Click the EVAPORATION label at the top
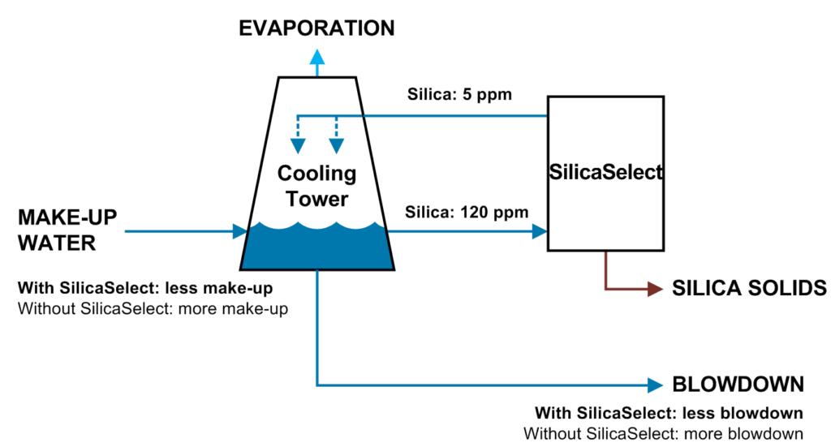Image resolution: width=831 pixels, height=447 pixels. (316, 28)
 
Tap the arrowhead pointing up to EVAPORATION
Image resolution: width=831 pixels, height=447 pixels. (316, 57)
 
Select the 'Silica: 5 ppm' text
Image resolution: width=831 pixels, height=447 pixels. (459, 94)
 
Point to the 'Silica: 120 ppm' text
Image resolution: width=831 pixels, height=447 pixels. (467, 213)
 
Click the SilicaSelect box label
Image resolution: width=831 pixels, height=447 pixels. (606, 172)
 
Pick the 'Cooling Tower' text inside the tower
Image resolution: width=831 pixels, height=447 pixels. (316, 186)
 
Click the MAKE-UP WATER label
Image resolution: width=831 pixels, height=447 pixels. (67, 230)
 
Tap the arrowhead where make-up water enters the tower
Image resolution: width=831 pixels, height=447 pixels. (239, 232)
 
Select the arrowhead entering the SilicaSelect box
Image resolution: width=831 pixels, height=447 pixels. (540, 232)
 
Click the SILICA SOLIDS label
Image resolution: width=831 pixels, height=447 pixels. (749, 289)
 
